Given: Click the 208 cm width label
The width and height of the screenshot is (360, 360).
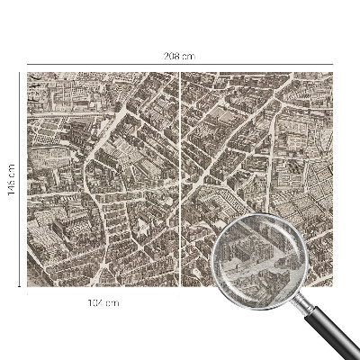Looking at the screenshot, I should point(180,56).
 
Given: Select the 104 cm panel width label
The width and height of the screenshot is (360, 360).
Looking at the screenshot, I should point(104,302).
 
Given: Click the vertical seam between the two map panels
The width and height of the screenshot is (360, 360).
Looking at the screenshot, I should point(181,180).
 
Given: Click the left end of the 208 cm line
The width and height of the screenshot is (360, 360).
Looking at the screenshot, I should point(27,65).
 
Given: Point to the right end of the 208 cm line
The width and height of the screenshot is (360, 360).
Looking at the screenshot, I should point(334,65).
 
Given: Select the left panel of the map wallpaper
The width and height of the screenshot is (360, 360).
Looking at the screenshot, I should point(103,180).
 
